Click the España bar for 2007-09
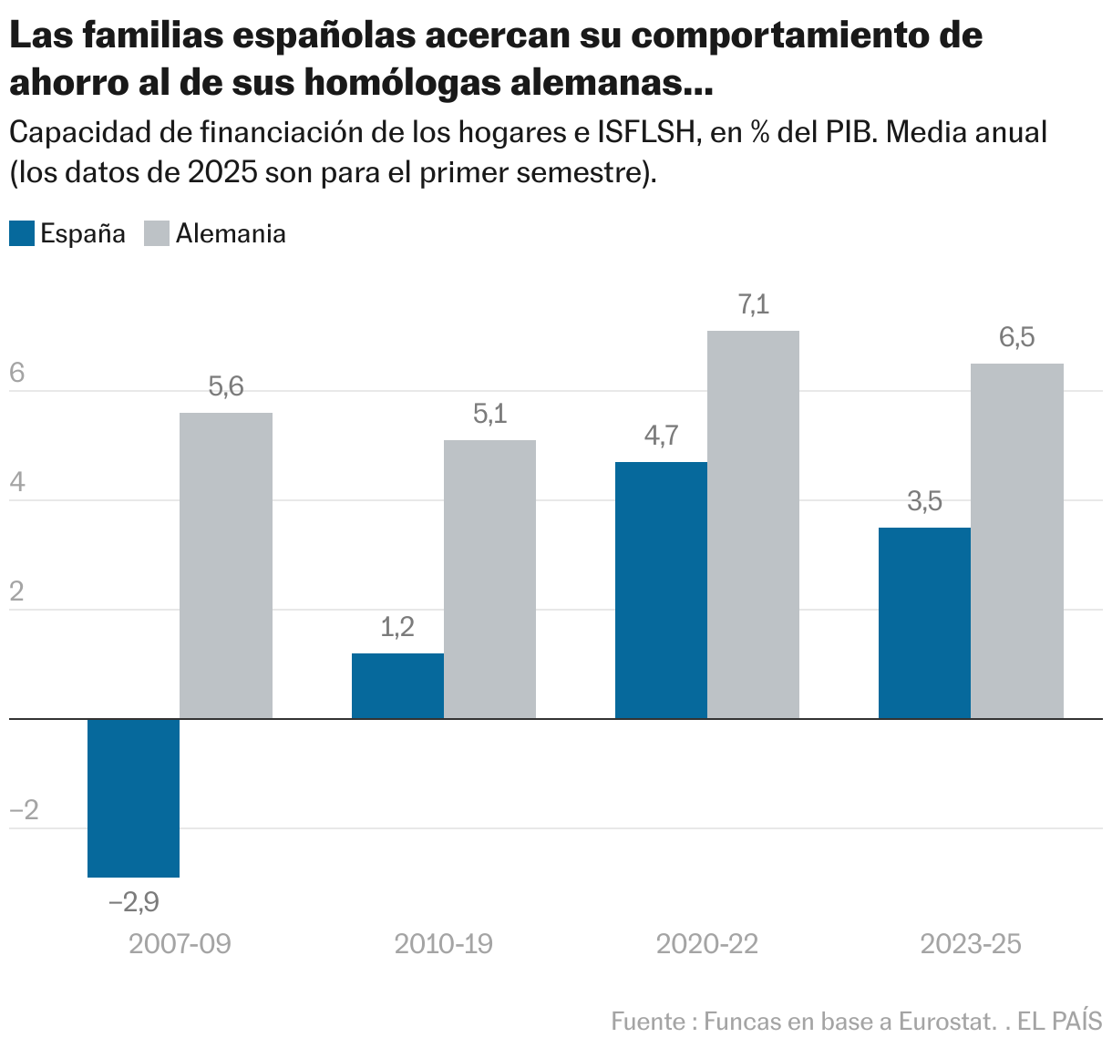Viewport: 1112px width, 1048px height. (x=133, y=797)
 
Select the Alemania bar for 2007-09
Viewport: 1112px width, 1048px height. (x=225, y=565)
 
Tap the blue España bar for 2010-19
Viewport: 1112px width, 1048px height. (x=397, y=685)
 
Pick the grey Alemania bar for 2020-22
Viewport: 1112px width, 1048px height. (x=753, y=524)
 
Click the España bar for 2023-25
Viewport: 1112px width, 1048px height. (x=924, y=622)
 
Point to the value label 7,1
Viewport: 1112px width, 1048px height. (x=753, y=305)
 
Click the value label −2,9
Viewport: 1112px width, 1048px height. (x=133, y=902)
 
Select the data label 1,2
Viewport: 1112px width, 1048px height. (x=397, y=627)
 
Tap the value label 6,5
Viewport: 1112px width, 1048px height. (x=1016, y=338)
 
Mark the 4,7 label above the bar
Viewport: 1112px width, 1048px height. (x=661, y=437)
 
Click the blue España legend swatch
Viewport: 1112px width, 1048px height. (x=22, y=233)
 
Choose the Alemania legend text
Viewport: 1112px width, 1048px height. (x=231, y=233)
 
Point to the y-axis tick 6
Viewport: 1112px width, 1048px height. (x=16, y=374)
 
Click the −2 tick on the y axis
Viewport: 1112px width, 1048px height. (x=24, y=810)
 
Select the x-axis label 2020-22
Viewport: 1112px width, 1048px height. (x=706, y=944)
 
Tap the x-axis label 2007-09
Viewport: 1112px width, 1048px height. (x=180, y=944)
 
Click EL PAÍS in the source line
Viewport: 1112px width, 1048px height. (x=1059, y=1022)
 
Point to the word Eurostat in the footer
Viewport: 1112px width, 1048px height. (x=945, y=1022)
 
